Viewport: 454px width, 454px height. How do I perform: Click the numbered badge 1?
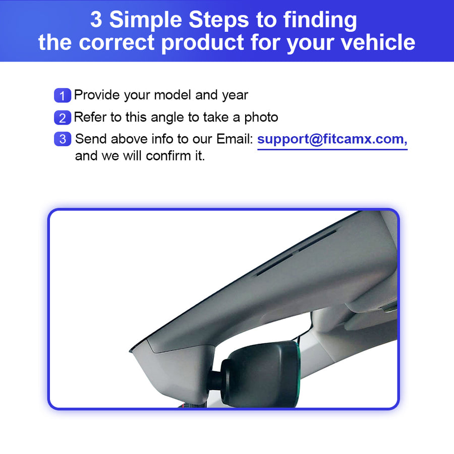coord(63,95)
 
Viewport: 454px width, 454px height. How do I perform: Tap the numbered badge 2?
coord(63,118)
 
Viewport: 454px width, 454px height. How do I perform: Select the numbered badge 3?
coord(63,139)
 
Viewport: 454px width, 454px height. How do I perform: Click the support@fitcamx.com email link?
coord(332,139)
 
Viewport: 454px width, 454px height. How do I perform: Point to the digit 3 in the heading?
coord(96,20)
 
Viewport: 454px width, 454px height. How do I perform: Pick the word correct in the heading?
coord(117,42)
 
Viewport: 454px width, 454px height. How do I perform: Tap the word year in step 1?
coord(235,95)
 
